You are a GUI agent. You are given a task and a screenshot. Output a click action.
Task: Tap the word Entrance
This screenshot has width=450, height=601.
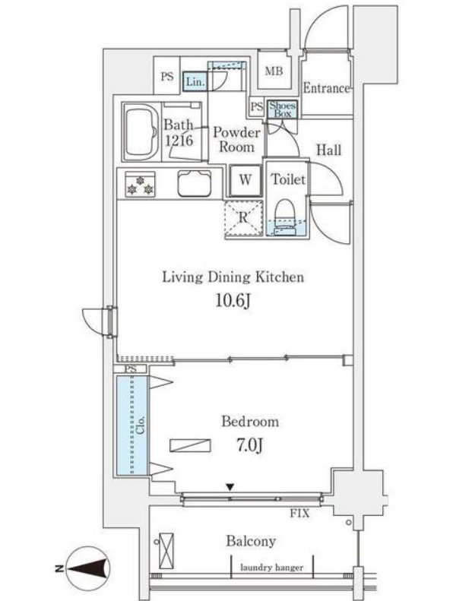point(326,88)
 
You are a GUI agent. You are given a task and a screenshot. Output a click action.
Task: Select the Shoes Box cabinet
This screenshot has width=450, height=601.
point(281,109)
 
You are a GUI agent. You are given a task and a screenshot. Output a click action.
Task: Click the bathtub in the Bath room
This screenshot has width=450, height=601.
point(139,131)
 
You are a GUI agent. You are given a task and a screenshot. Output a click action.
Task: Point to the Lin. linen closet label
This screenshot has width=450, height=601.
point(195,82)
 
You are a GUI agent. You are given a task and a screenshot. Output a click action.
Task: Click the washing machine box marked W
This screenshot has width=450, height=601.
point(245,180)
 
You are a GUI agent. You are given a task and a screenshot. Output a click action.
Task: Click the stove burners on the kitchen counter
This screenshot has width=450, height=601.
point(141,185)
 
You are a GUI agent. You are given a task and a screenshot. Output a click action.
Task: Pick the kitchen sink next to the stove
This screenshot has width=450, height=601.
point(195,183)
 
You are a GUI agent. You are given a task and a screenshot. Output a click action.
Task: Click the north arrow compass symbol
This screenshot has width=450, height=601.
point(89,568)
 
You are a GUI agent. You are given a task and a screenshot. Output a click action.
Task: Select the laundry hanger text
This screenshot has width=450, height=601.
point(271,568)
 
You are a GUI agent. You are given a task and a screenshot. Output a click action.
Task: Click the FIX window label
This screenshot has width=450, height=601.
point(299,514)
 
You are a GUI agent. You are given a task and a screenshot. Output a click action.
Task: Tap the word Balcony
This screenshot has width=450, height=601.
point(250,542)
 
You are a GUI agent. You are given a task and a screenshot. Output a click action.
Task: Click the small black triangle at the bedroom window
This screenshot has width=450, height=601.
point(230,486)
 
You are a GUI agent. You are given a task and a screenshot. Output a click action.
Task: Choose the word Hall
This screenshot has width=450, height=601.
point(328,150)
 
